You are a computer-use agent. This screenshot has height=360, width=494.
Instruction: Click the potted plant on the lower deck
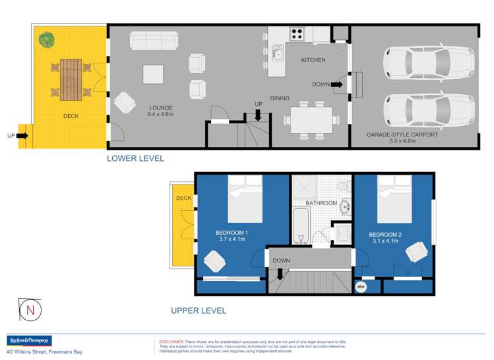pos(46,40)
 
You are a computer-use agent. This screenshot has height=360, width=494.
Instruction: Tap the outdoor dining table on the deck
pos(69,78)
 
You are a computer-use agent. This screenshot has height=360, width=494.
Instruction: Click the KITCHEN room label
pos(313,60)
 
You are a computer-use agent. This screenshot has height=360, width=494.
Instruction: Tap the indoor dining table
pos(309,120)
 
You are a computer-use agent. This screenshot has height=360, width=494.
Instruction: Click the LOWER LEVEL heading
pos(135,159)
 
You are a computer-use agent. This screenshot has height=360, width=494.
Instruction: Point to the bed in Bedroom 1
pos(245,199)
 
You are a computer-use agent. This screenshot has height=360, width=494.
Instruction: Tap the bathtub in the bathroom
pos(301,227)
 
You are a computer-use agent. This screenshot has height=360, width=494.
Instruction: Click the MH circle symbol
pos(361,287)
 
